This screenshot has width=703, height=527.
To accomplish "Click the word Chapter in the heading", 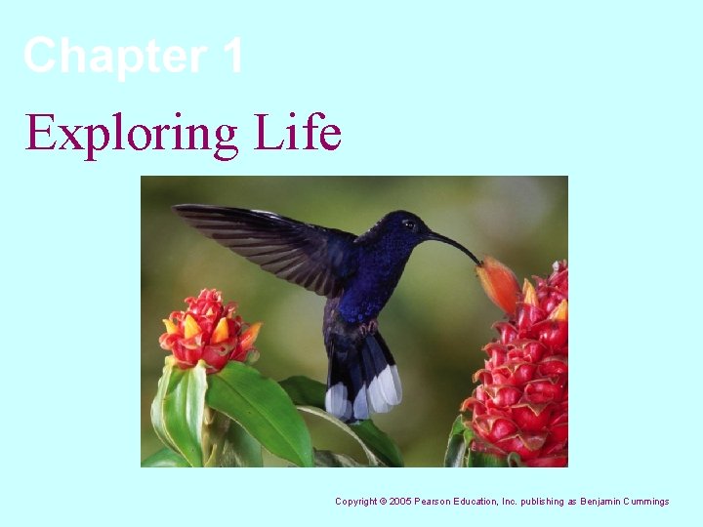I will (x=112, y=56).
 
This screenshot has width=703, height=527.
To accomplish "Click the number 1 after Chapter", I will (x=232, y=56).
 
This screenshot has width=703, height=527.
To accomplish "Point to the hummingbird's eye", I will (x=410, y=225).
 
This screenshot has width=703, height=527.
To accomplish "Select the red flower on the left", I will (x=208, y=330).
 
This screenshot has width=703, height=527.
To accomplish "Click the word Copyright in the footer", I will (x=356, y=502).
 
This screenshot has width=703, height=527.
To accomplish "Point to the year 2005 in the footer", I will (x=400, y=502).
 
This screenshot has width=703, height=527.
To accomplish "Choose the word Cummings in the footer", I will (x=647, y=502).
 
